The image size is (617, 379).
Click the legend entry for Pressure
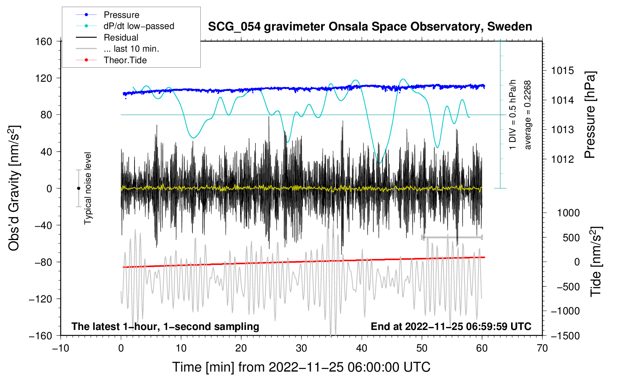[x=121, y=15]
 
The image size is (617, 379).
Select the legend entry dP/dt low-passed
[x=139, y=26]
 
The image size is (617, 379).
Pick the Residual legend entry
[x=121, y=38]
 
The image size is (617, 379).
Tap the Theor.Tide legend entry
[x=125, y=60]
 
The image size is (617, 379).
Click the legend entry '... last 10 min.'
[x=131, y=49]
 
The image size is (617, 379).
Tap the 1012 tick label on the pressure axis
[x=562, y=159]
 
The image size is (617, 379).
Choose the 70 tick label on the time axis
[x=542, y=348]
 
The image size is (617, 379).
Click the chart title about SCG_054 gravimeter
[x=370, y=27]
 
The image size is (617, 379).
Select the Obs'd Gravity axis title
[x=14, y=188]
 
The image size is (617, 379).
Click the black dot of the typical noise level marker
[x=78, y=188]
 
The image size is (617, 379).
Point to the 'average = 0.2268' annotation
[x=528, y=115]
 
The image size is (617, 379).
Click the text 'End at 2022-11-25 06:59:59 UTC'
[x=451, y=327]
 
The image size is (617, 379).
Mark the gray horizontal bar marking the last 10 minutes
[x=452, y=237]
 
